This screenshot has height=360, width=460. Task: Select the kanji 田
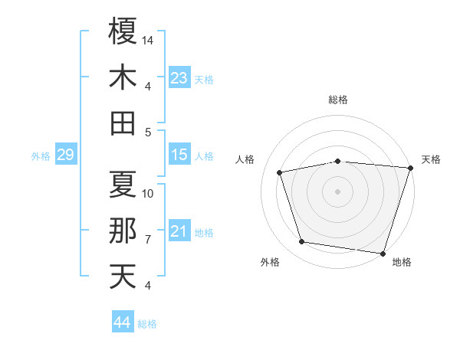[123, 123]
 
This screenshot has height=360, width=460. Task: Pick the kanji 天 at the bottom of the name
[123, 277]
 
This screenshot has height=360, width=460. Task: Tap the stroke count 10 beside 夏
[149, 193]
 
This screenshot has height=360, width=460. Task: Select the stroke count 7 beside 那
[148, 240]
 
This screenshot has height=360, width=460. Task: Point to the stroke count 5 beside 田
[148, 132]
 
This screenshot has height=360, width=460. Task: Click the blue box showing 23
[179, 78]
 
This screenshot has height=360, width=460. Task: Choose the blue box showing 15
[179, 155]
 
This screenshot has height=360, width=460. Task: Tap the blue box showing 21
[179, 231]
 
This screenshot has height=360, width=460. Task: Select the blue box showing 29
[65, 155]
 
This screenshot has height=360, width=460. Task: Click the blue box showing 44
[123, 322]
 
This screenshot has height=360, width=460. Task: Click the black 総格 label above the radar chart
[338, 100]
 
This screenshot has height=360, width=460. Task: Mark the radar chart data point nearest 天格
[410, 168]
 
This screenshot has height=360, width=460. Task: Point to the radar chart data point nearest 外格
[302, 242]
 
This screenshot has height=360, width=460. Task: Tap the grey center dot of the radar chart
[338, 191]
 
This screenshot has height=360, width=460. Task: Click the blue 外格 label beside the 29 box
[41, 156]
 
